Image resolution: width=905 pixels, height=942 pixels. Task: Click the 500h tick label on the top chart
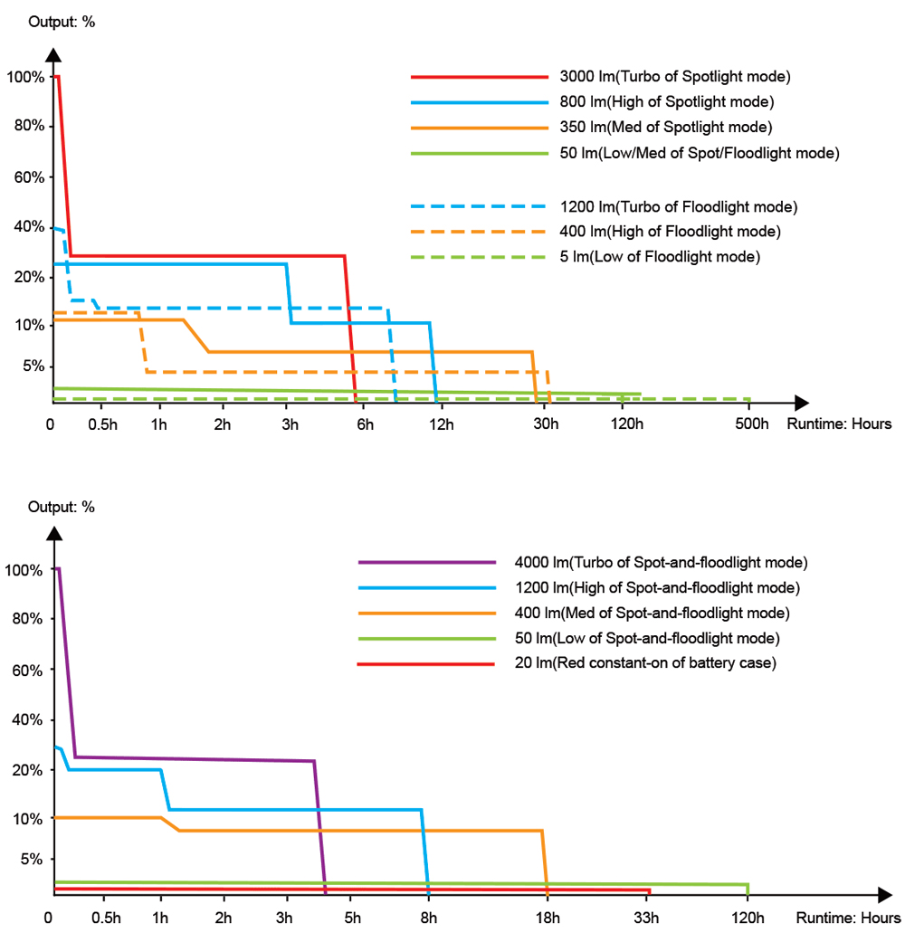(x=750, y=425)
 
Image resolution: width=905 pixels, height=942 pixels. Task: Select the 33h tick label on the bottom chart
(x=647, y=919)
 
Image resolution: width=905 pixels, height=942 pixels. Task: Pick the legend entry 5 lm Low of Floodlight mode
(x=660, y=257)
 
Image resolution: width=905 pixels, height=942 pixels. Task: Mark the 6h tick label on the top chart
(x=365, y=425)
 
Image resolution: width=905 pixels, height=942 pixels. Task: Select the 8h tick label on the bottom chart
(x=429, y=919)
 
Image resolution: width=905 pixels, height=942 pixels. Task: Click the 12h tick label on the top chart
(x=442, y=425)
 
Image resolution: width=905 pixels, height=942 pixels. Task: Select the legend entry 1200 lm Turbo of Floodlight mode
(x=679, y=207)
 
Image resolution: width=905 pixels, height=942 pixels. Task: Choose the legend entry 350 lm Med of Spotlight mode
(x=666, y=127)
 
